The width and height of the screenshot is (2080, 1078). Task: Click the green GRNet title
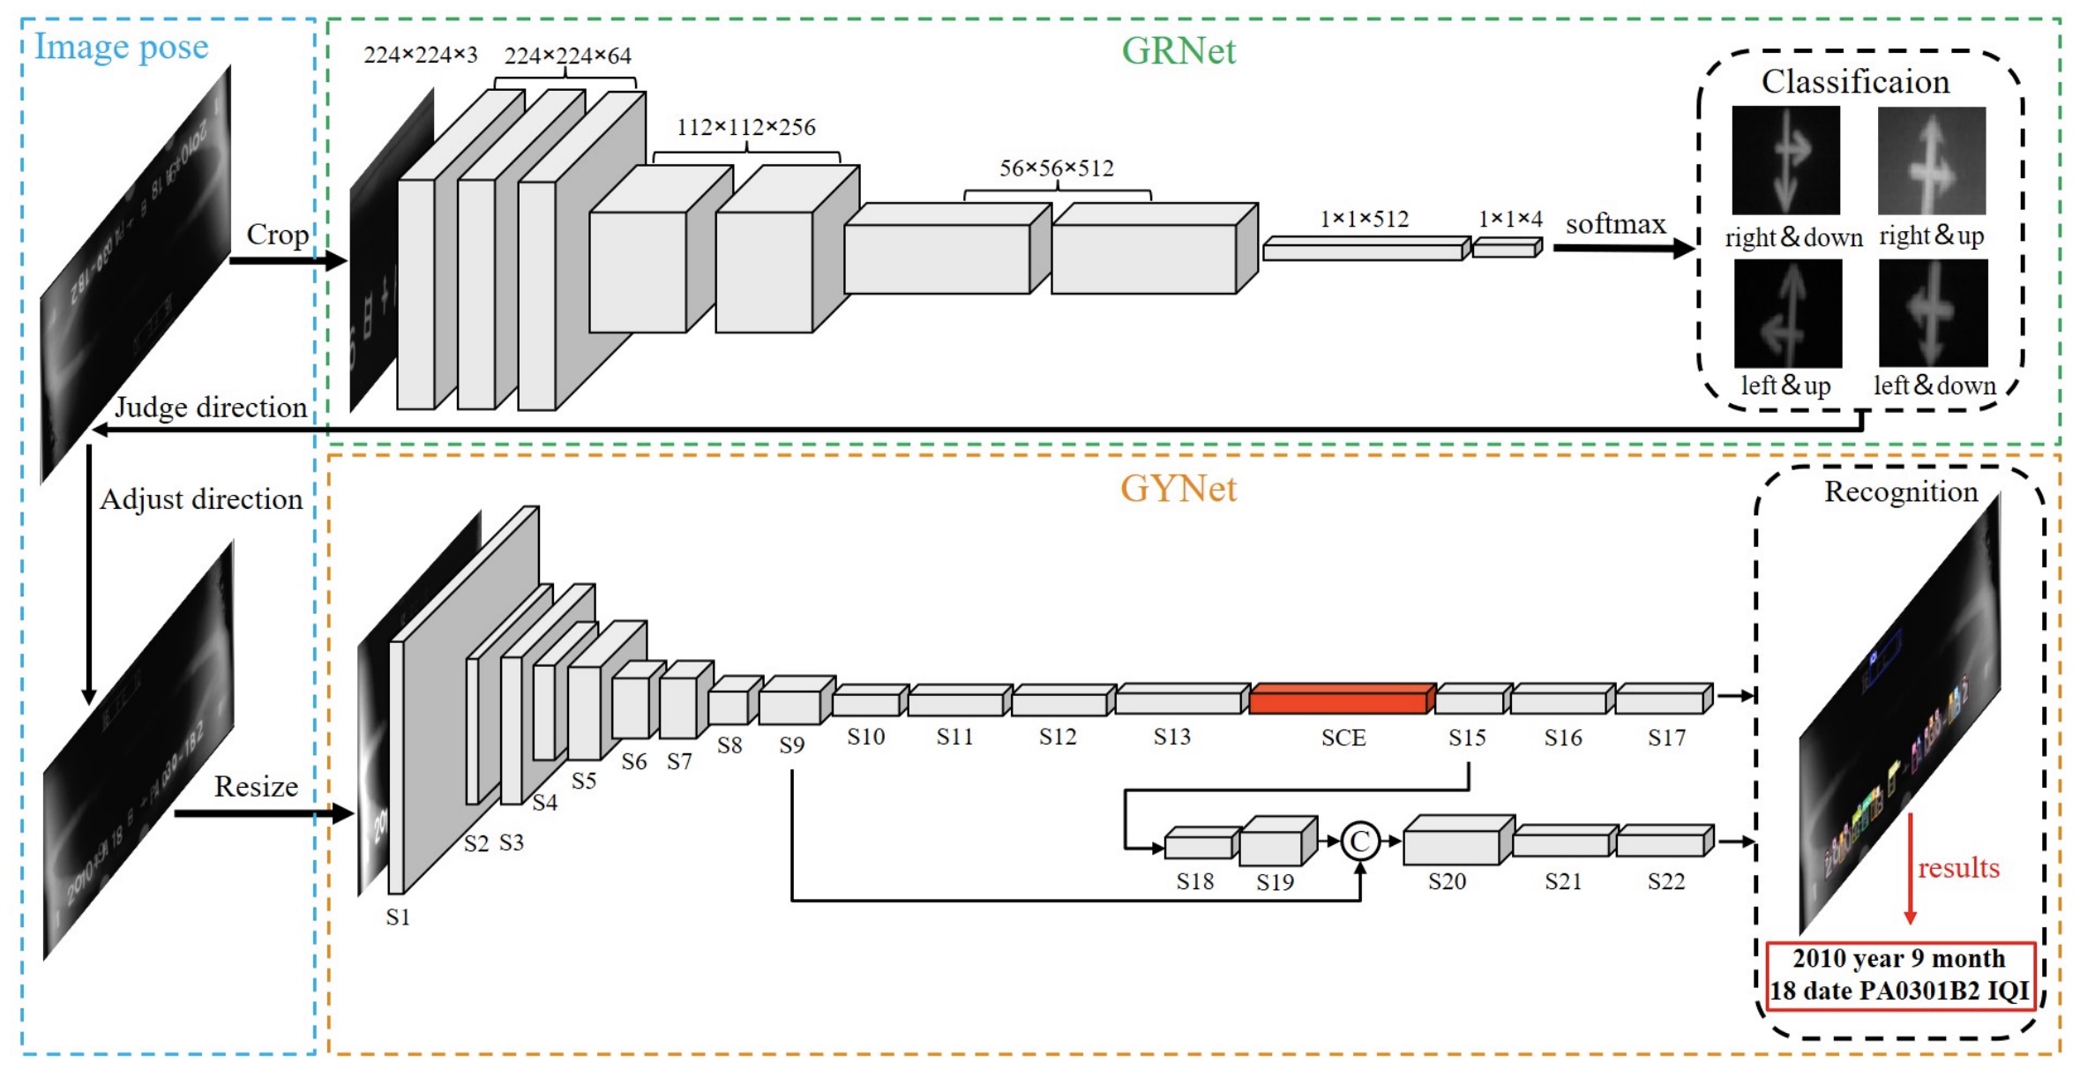[x=1178, y=51]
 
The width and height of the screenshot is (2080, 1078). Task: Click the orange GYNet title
[x=1178, y=489]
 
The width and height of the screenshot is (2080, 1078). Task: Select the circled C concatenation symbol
[x=1359, y=841]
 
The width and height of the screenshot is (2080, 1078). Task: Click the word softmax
[x=1615, y=225]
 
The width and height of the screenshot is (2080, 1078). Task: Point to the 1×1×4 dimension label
[x=1510, y=219]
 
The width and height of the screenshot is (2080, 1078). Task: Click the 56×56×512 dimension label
[x=1056, y=168]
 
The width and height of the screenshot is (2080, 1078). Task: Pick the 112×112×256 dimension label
[x=745, y=128]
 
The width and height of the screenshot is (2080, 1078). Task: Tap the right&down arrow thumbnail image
[x=1785, y=160]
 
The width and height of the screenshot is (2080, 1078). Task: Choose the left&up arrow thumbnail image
[x=1787, y=313]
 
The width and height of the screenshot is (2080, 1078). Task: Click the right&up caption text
[x=1931, y=236]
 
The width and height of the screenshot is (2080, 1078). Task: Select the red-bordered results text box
[x=1900, y=975]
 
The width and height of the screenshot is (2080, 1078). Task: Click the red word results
[x=1958, y=868]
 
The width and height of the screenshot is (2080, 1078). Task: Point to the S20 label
[x=1447, y=881]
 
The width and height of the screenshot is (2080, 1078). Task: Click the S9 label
[x=791, y=745]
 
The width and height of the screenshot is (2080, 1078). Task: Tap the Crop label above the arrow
[x=277, y=235]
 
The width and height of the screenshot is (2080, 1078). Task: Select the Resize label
[x=256, y=786]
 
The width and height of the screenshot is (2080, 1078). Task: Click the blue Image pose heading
[x=121, y=47]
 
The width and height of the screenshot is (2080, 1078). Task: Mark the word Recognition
[x=1901, y=491]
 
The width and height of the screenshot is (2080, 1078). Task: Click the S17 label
[x=1665, y=737]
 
